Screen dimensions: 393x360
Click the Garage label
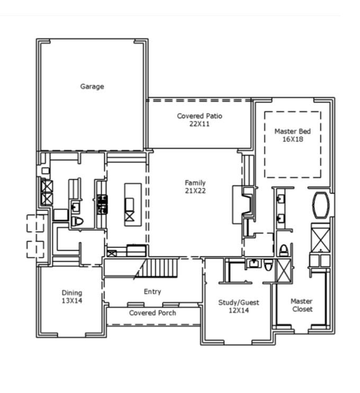pyautogui.click(x=92, y=86)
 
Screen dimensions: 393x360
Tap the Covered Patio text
pyautogui.click(x=200, y=116)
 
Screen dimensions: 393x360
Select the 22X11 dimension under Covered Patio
pyautogui.click(x=200, y=124)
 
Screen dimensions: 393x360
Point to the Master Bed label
pyautogui.click(x=292, y=131)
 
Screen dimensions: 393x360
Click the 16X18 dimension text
pyautogui.click(x=292, y=139)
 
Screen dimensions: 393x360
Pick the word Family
pyautogui.click(x=195, y=183)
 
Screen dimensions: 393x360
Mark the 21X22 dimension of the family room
pyautogui.click(x=195, y=191)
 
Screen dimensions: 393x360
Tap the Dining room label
pyautogui.click(x=72, y=293)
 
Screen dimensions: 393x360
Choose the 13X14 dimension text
pyautogui.click(x=72, y=300)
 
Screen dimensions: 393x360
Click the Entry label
pyautogui.click(x=152, y=292)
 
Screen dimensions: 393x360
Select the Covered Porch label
pyautogui.click(x=153, y=313)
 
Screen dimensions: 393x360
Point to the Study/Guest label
pyautogui.click(x=239, y=302)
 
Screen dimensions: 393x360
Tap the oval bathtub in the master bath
pyautogui.click(x=320, y=205)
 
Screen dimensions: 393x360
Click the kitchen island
pyautogui.click(x=133, y=204)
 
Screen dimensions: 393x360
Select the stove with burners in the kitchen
pyautogui.click(x=102, y=204)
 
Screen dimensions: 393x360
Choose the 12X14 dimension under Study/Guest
pyautogui.click(x=239, y=310)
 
